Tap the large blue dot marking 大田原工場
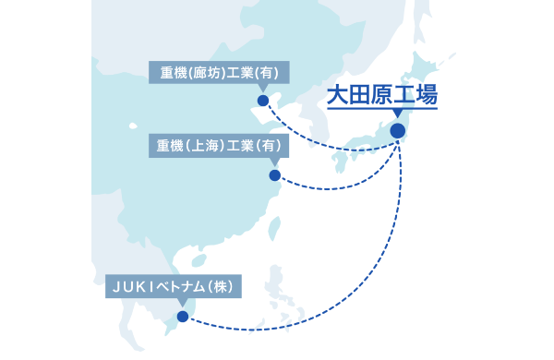point(398,131)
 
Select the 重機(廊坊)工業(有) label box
point(221,72)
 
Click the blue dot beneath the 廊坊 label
point(263,101)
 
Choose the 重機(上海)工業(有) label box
point(221,146)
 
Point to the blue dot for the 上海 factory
point(274,174)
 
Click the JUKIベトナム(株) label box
point(174,287)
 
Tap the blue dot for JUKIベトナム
point(183,317)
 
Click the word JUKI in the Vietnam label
point(130,287)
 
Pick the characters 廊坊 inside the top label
point(211,72)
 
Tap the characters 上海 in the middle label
point(211,146)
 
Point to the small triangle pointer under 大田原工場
point(398,114)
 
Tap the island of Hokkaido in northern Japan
point(427,65)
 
